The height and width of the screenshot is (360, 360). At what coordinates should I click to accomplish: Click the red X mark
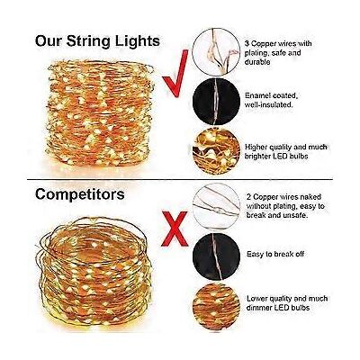(175, 229)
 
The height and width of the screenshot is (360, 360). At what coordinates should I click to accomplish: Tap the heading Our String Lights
(97, 41)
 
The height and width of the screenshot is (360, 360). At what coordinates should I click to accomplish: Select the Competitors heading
(80, 194)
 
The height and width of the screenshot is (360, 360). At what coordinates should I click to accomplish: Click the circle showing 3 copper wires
(216, 51)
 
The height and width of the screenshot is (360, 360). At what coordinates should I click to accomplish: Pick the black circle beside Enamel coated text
(216, 102)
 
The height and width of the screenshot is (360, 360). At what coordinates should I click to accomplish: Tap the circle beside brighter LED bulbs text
(216, 151)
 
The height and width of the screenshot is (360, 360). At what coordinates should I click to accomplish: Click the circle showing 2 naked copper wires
(216, 206)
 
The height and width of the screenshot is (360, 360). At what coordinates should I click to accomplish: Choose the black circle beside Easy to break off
(216, 256)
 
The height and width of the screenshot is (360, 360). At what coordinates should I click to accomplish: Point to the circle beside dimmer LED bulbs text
(216, 307)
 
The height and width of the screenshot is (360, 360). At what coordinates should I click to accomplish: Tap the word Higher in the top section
(256, 148)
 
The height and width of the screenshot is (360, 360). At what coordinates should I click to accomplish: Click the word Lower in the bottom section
(256, 299)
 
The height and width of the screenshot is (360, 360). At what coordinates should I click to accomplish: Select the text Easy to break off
(275, 254)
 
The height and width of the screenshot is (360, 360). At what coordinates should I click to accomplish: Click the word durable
(257, 62)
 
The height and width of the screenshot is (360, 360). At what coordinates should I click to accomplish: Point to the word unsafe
(296, 215)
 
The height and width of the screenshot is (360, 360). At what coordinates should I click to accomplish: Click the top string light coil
(100, 112)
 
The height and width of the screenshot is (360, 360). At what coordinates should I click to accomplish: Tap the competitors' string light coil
(94, 272)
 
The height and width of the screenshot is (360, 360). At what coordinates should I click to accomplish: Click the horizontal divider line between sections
(180, 180)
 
